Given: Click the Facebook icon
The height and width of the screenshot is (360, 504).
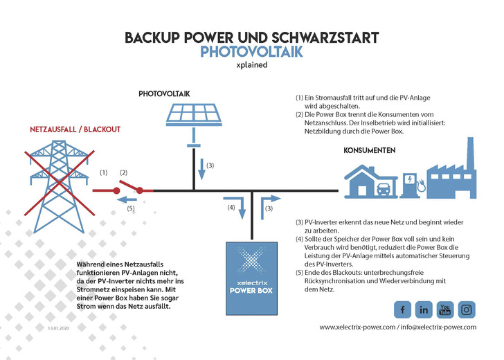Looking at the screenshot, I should click(402, 309).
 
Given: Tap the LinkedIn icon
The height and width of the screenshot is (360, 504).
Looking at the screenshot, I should click(424, 309).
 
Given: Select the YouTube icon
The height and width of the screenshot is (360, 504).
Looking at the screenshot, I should click(445, 309).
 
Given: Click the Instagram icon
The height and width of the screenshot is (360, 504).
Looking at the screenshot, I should click(467, 309).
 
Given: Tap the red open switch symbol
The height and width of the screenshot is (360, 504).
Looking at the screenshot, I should click(129, 186).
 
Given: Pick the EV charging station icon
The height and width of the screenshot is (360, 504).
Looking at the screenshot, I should click(411, 183).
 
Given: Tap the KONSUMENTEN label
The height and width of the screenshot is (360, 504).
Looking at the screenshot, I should click(370, 150).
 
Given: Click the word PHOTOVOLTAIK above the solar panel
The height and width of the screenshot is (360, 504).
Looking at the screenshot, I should click(164, 93).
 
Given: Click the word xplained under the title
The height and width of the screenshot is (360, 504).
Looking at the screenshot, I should click(252, 67).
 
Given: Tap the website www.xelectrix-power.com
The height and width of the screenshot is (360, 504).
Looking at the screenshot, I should click(357, 327).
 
